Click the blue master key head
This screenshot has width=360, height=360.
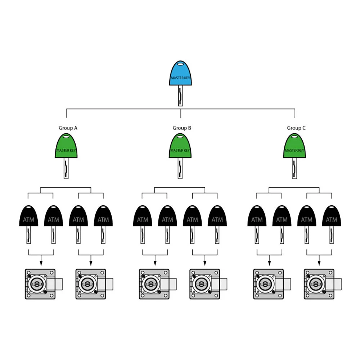click(x=180, y=73)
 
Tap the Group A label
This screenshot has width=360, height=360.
click(x=68, y=128)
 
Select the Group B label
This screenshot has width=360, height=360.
click(x=182, y=128)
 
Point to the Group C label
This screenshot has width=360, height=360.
click(x=296, y=128)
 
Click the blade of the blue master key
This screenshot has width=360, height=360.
click(x=180, y=95)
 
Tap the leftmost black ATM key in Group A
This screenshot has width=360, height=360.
click(x=28, y=224)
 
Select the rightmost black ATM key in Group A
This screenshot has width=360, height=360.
click(x=103, y=224)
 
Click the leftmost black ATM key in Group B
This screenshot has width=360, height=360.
click(x=143, y=224)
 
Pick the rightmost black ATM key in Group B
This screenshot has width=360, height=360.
click(x=217, y=224)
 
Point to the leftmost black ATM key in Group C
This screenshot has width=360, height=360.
click(x=257, y=224)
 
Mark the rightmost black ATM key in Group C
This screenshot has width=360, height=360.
click(x=332, y=224)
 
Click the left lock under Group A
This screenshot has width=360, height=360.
click(x=44, y=284)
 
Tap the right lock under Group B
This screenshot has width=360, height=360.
click(x=208, y=284)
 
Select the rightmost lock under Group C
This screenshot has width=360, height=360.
click(x=323, y=284)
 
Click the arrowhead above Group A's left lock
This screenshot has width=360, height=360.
click(x=41, y=264)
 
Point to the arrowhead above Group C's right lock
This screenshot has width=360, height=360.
click(x=319, y=264)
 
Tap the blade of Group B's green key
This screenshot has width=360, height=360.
click(x=180, y=168)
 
